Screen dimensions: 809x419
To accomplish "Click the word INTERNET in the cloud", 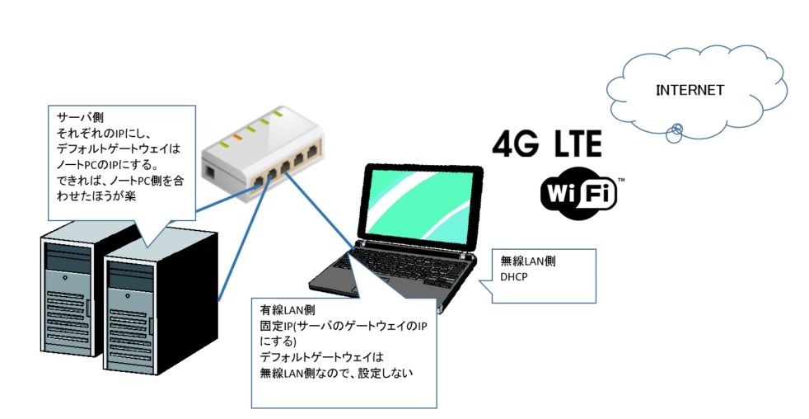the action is [x=690, y=90].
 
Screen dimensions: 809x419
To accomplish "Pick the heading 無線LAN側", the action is [x=528, y=261].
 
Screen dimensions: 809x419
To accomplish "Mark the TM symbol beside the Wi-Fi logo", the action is [x=620, y=179].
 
